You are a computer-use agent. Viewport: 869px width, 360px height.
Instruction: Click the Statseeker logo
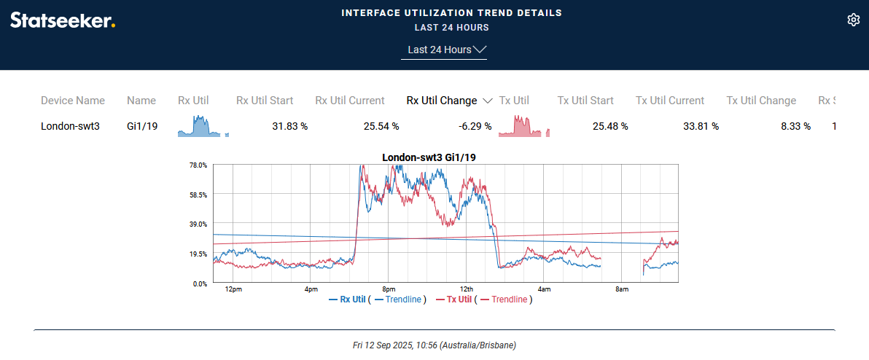[63, 20]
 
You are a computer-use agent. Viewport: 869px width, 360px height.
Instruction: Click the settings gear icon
[854, 20]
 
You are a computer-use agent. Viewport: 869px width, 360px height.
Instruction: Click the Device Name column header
[73, 101]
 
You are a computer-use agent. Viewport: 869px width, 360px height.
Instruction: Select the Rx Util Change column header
[442, 101]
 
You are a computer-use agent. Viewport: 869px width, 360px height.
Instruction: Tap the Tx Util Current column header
[670, 101]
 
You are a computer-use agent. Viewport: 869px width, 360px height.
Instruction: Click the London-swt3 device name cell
[70, 126]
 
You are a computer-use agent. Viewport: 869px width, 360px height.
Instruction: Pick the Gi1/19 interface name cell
[142, 126]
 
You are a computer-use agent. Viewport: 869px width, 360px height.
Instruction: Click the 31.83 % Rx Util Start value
[289, 126]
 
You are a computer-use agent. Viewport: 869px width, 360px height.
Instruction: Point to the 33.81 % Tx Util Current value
[701, 126]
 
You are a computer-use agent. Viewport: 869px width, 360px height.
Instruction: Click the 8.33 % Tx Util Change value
[795, 126]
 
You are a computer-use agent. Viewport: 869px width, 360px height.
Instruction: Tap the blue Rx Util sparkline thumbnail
[203, 126]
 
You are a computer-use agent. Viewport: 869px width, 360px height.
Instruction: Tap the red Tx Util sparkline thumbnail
[523, 126]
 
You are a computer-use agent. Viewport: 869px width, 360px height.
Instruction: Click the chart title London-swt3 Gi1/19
[429, 157]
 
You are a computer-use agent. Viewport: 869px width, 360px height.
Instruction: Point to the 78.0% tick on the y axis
[198, 165]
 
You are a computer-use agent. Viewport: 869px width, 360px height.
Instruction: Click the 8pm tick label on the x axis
[389, 289]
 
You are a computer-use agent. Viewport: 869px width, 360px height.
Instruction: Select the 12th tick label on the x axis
[467, 289]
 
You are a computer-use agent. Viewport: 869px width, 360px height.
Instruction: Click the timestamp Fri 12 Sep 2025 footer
[434, 345]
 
